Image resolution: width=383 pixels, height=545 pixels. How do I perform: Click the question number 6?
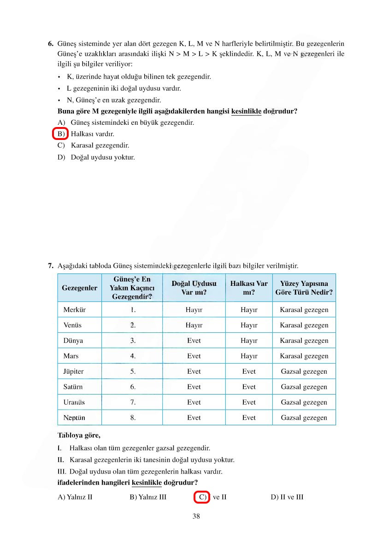coord(51,44)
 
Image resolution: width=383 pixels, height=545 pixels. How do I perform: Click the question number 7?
coord(51,266)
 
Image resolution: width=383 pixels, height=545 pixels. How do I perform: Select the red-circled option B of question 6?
coord(60,134)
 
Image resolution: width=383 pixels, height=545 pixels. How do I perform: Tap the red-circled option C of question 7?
coord(202,497)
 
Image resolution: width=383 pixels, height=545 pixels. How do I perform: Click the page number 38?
coord(196,516)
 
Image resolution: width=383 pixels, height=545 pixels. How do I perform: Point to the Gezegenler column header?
coord(79,288)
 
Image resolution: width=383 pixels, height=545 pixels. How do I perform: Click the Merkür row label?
coord(74,310)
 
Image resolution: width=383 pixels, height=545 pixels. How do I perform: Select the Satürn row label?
coord(73,387)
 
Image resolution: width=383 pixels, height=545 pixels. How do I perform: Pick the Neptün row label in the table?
coord(74,417)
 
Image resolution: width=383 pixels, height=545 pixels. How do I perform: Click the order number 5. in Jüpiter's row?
coord(133,371)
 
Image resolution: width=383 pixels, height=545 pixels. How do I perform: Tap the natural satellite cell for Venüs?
coord(194,325)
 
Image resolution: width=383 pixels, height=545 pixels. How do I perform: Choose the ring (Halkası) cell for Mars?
coord(249,356)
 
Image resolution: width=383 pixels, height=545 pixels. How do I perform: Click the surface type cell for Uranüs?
coord(304,402)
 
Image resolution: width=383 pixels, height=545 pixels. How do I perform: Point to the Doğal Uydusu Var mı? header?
coord(194,288)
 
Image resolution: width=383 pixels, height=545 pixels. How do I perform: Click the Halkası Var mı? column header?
coord(249,288)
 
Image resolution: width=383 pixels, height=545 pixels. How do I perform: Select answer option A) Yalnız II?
coord(75,497)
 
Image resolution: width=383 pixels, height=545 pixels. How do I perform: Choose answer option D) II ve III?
coord(287,497)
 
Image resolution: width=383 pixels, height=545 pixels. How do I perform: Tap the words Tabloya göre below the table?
coord(79,435)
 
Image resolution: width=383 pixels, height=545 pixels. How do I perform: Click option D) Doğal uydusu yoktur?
coord(96,157)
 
